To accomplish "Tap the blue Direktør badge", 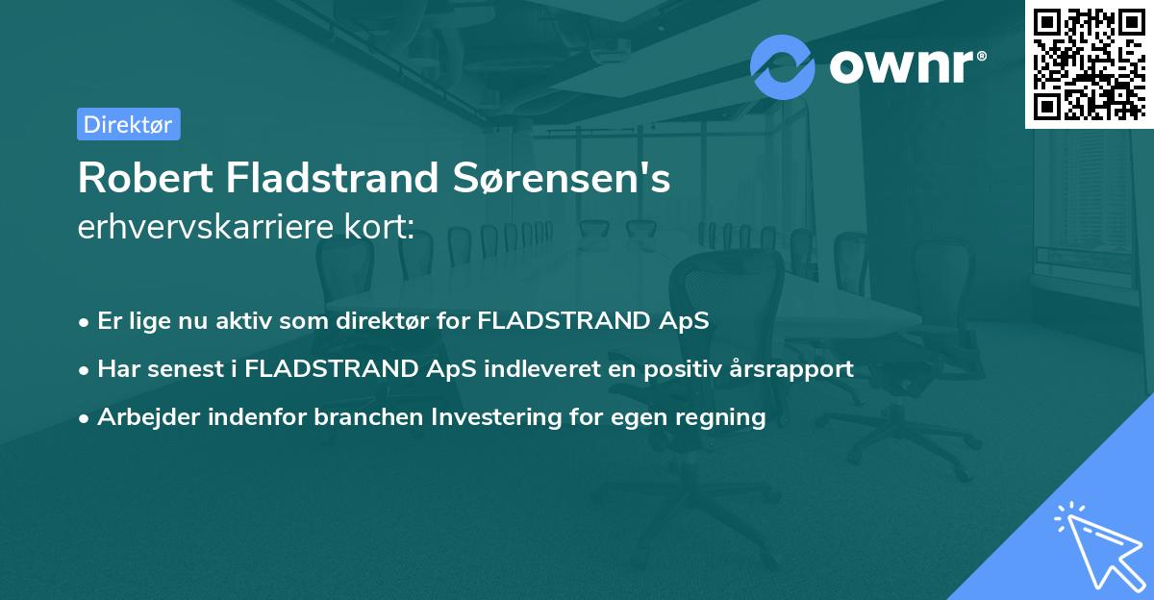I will (128, 124).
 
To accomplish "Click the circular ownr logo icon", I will (783, 66).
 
